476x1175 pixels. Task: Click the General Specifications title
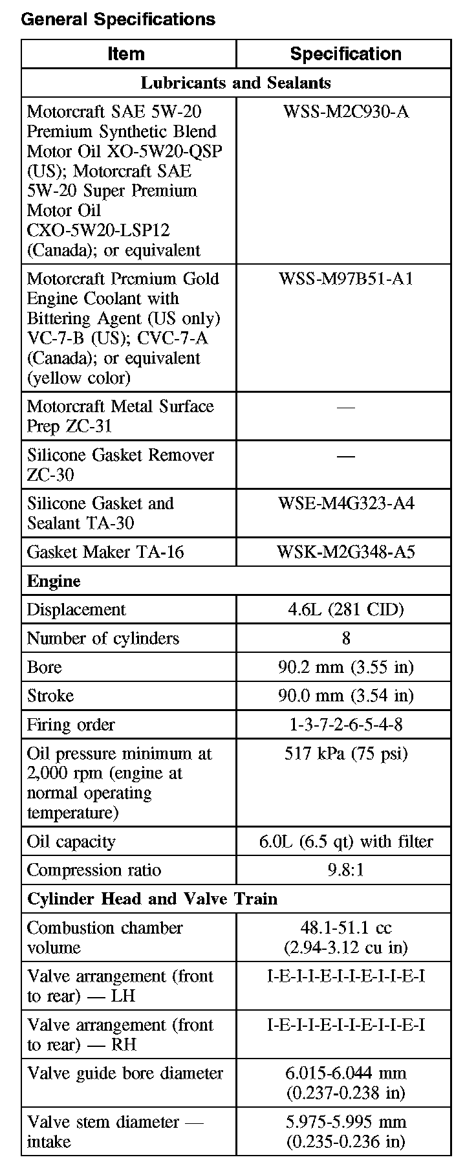point(118,19)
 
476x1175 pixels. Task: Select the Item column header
point(126,54)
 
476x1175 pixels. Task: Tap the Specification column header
point(345,54)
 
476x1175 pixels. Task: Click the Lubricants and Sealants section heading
point(235,83)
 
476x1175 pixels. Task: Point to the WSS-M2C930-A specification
point(345,112)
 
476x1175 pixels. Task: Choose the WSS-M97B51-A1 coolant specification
point(345,279)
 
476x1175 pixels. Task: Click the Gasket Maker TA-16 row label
point(105,552)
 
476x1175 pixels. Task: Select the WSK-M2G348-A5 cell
point(345,552)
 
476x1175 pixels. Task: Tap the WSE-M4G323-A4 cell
point(345,503)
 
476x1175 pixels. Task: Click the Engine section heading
point(54,581)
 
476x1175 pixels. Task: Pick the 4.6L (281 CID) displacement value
point(345,609)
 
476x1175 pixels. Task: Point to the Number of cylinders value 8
point(346,639)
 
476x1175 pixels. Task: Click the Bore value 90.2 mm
point(345,667)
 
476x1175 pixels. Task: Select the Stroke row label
point(50,696)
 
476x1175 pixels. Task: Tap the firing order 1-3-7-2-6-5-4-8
point(345,725)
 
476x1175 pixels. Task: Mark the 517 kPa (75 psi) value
point(345,754)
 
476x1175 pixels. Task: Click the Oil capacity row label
point(71,842)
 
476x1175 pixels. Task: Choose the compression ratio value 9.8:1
point(345,870)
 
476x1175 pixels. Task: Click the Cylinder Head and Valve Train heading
point(152,899)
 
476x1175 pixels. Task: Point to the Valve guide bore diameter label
point(125,1073)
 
